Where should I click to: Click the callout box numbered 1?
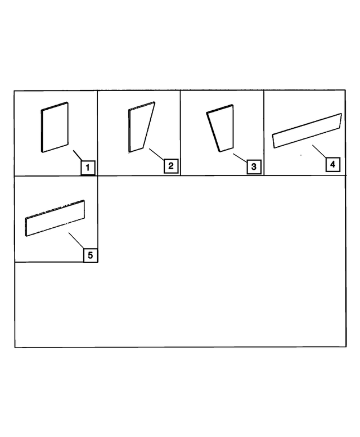tap(87, 167)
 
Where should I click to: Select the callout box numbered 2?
tap(170, 166)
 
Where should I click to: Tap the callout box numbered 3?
tap(253, 166)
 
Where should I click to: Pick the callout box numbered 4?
tap(333, 164)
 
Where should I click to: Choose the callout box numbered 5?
tap(90, 255)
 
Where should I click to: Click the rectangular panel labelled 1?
tap(55, 127)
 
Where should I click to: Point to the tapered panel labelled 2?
tap(140, 128)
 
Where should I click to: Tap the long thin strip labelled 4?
tap(307, 131)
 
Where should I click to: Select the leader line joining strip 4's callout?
tap(319, 151)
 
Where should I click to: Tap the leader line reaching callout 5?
tap(76, 241)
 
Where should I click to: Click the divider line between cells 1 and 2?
tap(97, 133)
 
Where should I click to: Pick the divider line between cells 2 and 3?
tap(180, 133)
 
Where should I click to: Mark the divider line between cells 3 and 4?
tap(264, 133)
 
